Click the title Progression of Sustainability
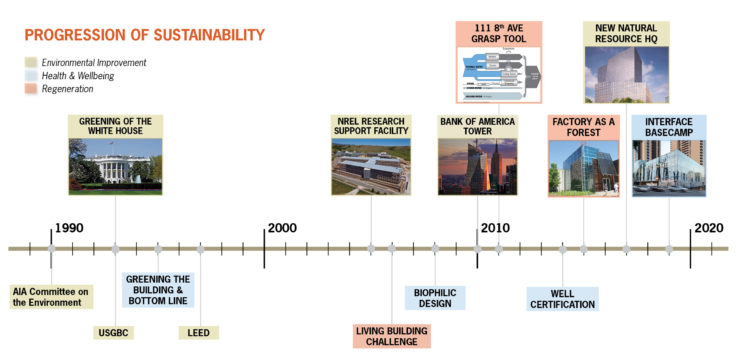pos(145,35)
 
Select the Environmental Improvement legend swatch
pos(30,62)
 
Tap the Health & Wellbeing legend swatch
pos(30,76)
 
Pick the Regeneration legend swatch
pos(30,89)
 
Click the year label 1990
pos(69,228)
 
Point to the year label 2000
pos(282,228)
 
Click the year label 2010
pos(495,228)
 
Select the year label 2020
pos(709,228)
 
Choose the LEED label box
pos(200,332)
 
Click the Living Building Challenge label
pos(392,335)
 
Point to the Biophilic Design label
pos(435,298)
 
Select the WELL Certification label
pos(562,298)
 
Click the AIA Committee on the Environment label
pos(52,296)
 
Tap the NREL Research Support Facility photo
pos(371,168)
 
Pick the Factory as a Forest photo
pos(585,168)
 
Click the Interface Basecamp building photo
pos(669,168)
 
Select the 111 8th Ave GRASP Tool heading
pos(498,33)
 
